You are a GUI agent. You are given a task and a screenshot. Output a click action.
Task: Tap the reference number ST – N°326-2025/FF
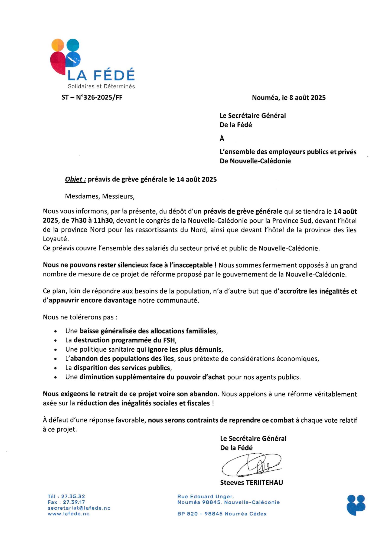tap(92, 97)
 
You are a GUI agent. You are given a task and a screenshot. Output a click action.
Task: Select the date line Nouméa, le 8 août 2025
tap(289, 98)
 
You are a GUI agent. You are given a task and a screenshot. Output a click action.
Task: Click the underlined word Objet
tap(75, 179)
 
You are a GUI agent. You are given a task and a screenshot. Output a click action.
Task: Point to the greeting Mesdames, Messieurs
tap(100, 196)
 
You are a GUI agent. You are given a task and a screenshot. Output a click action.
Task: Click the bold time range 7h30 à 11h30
tap(92, 220)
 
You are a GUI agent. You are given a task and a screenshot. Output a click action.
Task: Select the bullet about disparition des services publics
tap(119, 368)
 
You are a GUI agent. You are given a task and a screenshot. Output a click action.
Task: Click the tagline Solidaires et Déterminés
tap(101, 86)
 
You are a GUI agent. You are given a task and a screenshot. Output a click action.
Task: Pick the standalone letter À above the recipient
tap(222, 138)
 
